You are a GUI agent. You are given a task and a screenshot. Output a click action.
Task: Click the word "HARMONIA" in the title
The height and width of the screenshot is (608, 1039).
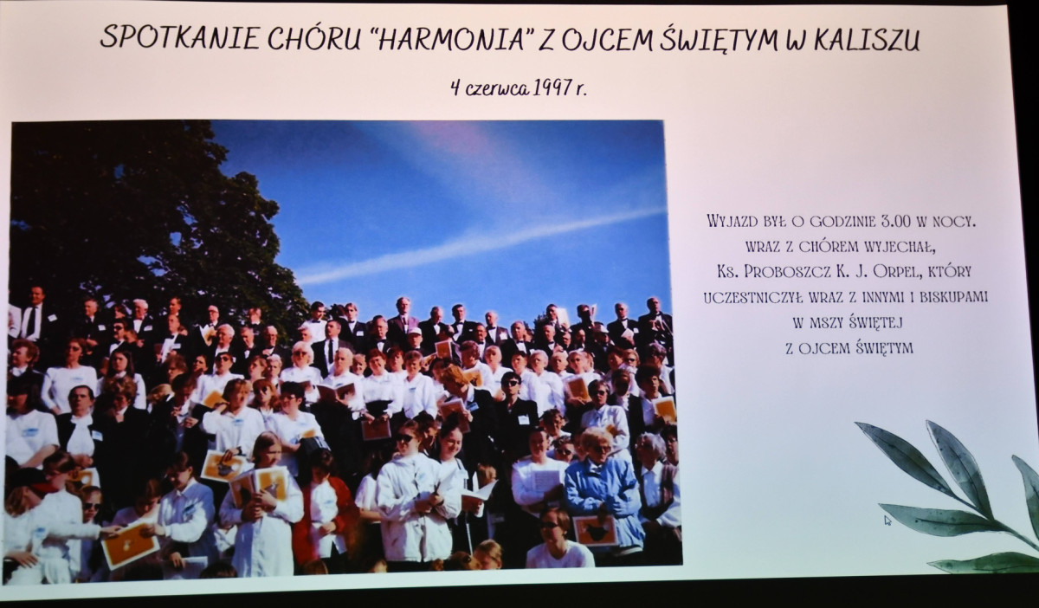452,37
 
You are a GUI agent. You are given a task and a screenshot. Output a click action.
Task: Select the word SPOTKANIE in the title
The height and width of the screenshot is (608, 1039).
180,36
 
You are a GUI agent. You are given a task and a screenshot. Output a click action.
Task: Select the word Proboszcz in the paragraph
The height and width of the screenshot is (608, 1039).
787,271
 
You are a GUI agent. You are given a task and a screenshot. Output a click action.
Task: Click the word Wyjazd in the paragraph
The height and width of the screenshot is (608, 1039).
732,221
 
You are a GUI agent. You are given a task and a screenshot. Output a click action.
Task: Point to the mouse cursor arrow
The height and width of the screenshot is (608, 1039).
887,521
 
